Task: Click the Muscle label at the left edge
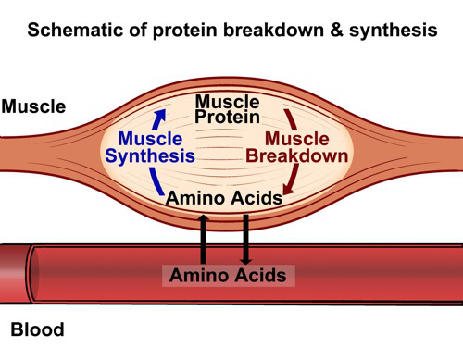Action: [x=33, y=106]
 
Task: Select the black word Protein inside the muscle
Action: [x=226, y=117]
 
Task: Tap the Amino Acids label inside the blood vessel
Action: [x=227, y=275]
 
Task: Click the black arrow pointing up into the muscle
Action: [x=205, y=238]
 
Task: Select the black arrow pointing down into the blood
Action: [x=245, y=238]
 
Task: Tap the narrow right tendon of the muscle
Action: [x=426, y=149]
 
